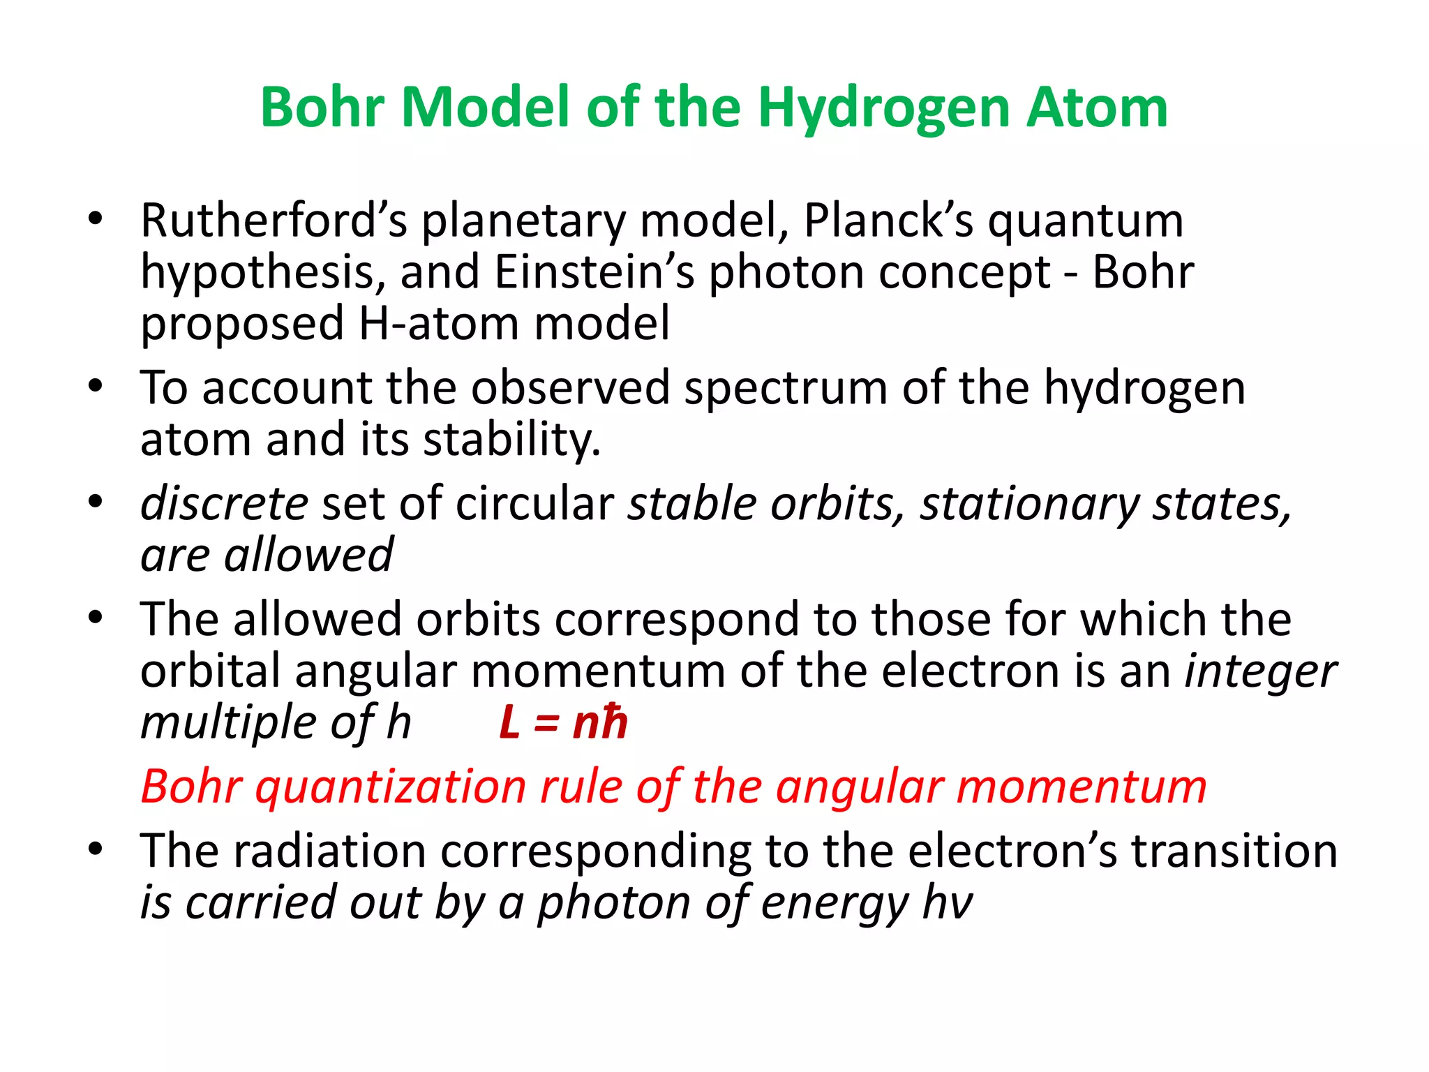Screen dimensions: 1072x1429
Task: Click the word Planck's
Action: (x=888, y=221)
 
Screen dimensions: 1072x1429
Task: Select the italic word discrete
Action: (x=224, y=503)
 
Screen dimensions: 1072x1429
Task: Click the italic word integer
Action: (x=1261, y=671)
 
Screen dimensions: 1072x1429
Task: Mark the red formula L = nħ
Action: (x=563, y=722)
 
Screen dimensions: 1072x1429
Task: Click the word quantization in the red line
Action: (x=391, y=787)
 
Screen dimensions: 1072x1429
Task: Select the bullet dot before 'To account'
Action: (x=96, y=385)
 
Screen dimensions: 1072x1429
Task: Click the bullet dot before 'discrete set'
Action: (x=96, y=501)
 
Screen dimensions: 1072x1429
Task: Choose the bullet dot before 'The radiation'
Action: (x=96, y=849)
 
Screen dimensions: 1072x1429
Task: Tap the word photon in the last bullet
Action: (x=614, y=902)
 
